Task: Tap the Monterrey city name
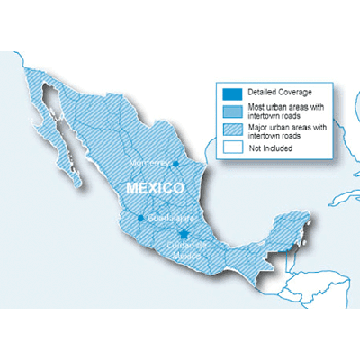(x=148, y=163)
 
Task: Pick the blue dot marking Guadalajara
(x=139, y=218)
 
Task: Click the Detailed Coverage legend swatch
(x=229, y=93)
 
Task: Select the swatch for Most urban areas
(x=229, y=109)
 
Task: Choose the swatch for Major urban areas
(x=229, y=129)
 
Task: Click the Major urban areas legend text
(x=281, y=129)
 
